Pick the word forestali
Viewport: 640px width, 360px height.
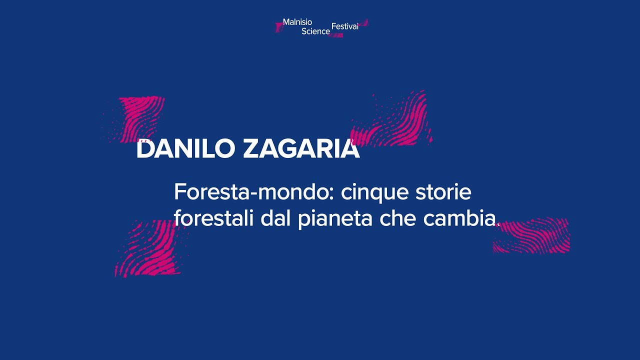[x=214, y=219]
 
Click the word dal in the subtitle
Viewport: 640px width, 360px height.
[x=276, y=219]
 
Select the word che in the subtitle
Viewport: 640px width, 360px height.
[x=397, y=219]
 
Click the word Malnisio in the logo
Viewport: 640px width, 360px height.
[x=297, y=22]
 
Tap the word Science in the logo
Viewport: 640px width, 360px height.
[x=315, y=31]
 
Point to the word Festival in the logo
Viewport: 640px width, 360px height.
[x=345, y=26]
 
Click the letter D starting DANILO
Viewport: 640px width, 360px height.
[x=144, y=149]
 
